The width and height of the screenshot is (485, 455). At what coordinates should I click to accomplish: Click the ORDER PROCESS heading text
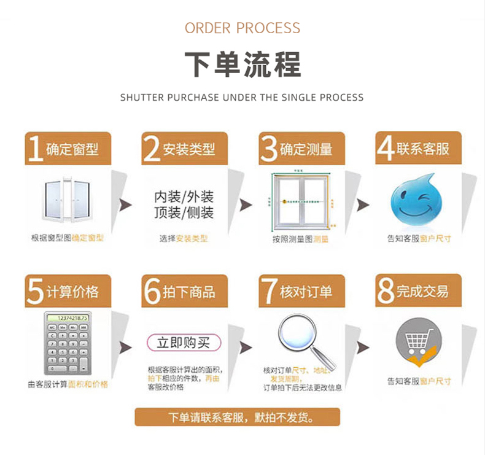pos(243,28)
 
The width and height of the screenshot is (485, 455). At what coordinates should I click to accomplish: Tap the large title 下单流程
pos(243,64)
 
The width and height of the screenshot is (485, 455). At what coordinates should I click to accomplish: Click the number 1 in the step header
pos(35,149)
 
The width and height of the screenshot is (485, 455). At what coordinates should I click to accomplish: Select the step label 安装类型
pos(189,149)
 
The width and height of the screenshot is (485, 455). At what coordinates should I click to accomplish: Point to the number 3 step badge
pos(268,149)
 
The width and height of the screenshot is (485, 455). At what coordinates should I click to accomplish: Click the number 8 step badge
pos(385,291)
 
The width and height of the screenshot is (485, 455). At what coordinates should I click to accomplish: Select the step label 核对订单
pos(306,291)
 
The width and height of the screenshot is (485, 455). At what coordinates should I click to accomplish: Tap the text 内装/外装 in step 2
pos(184,197)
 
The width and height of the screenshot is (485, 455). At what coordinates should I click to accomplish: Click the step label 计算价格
pos(72,291)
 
